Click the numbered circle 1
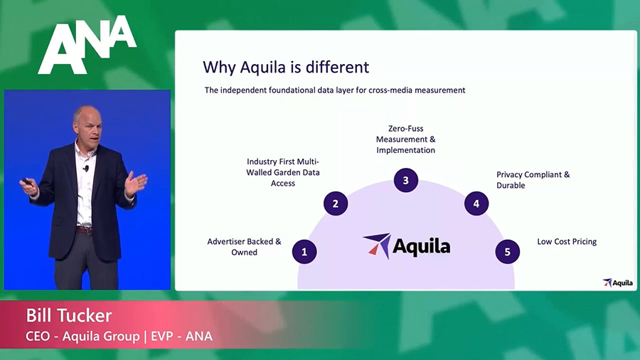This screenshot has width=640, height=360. point(304,251)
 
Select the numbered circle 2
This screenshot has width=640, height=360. point(336,203)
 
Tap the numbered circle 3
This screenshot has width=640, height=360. point(406,180)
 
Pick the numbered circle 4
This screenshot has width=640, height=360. point(476,203)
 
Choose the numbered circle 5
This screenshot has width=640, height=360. point(507,251)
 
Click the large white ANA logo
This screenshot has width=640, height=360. point(87,45)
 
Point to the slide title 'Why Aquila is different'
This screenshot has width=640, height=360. point(286,68)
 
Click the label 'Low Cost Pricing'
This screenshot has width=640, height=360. point(567,242)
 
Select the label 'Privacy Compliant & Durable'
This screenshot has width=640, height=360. point(533,180)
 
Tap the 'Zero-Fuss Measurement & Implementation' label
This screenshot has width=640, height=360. point(406,139)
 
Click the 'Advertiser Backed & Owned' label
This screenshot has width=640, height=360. point(244,247)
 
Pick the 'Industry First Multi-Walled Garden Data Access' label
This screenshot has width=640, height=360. point(283,172)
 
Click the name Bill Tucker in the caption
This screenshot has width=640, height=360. point(68,315)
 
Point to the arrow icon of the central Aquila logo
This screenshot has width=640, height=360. point(377,245)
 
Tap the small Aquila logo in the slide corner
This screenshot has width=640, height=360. point(617,282)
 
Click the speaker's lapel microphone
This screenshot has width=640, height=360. point(86,168)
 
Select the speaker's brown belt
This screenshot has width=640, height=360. point(84,230)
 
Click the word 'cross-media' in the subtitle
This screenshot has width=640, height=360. point(390,90)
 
